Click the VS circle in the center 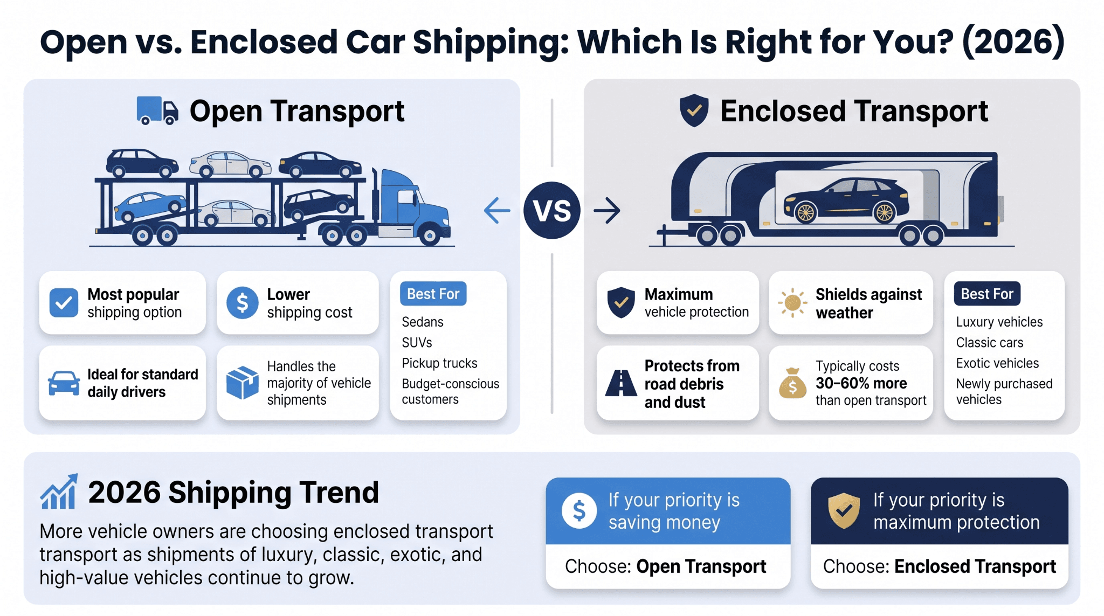tap(552, 210)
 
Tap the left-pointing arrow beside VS tap(497, 210)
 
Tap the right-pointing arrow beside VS tap(607, 210)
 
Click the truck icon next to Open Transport tap(157, 110)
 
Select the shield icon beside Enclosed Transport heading tap(694, 110)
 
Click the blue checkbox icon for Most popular tap(64, 302)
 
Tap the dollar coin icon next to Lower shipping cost tap(243, 302)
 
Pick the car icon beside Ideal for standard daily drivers tap(64, 383)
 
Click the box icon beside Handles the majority tap(243, 383)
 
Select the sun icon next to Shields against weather tap(792, 302)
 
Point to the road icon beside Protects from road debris tap(621, 383)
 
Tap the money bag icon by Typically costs tap(792, 383)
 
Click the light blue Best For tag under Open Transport tap(433, 294)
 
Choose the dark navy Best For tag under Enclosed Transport tap(987, 294)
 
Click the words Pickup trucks tap(439, 363)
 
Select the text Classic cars tap(990, 343)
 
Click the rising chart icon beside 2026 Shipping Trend tap(59, 492)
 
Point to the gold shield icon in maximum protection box tap(844, 510)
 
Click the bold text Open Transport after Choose tap(701, 566)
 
